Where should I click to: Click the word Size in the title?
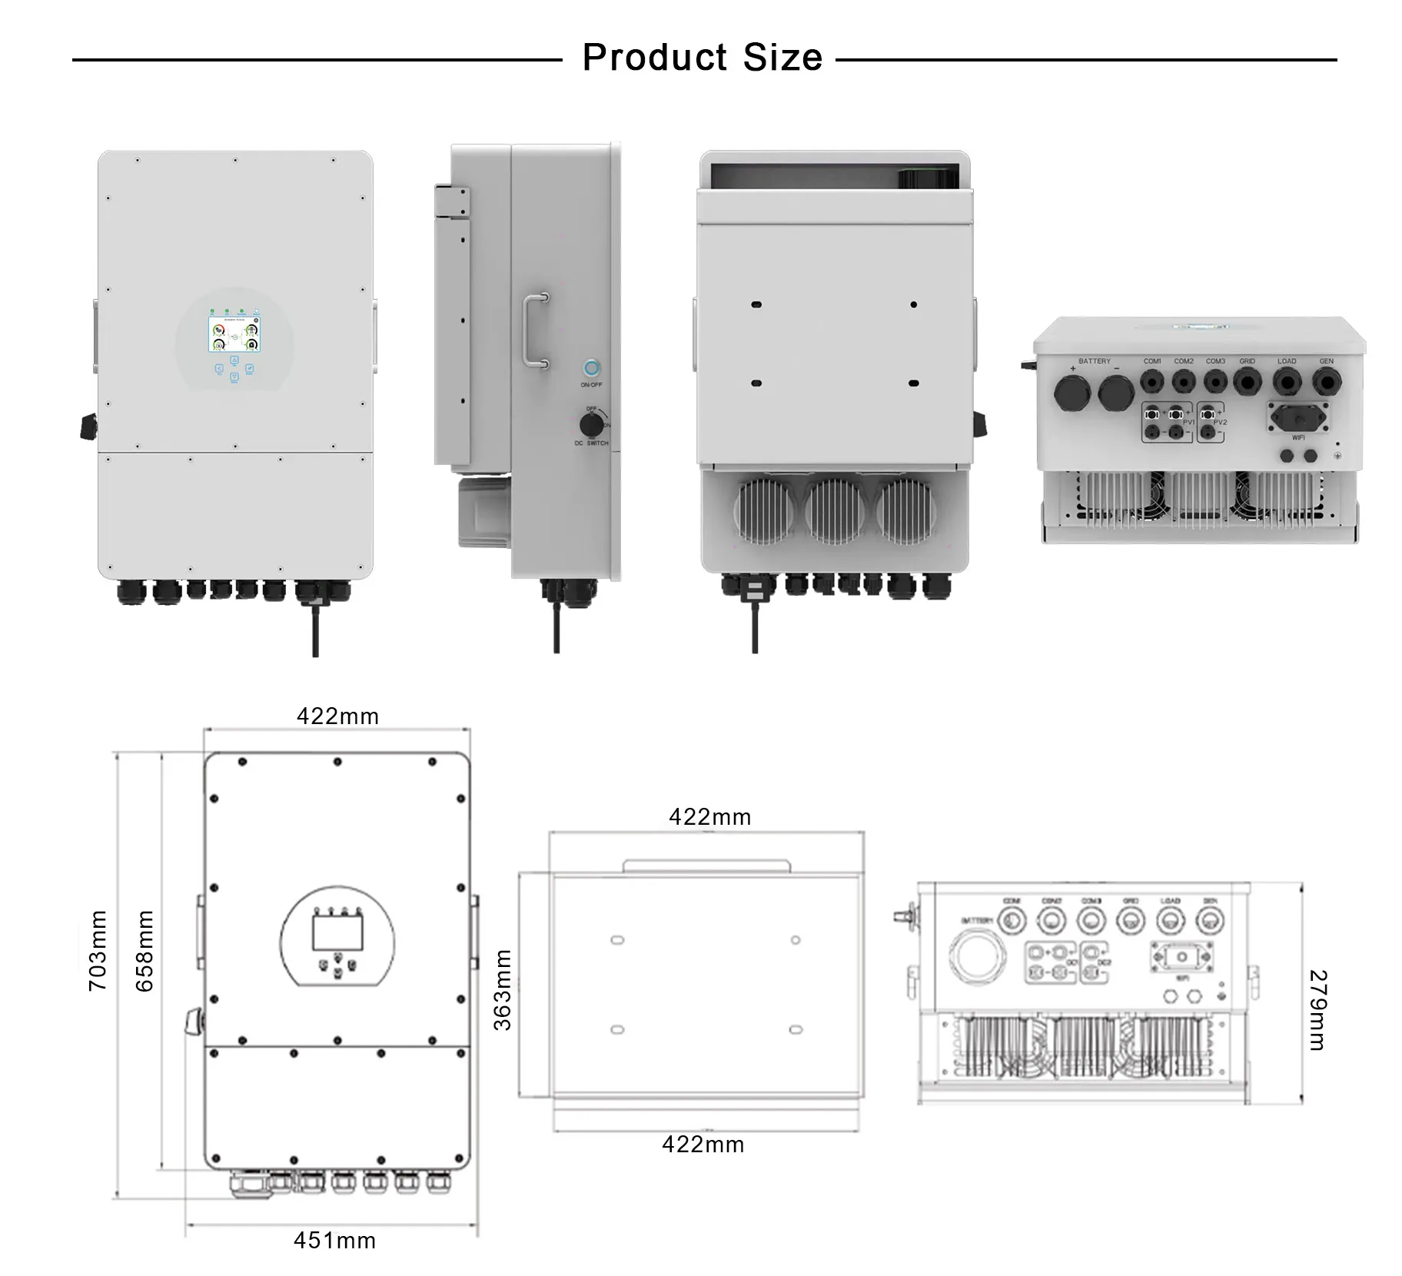[782, 58]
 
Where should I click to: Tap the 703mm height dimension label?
[98, 950]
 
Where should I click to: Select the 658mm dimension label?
[145, 950]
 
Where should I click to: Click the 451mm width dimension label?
[334, 1240]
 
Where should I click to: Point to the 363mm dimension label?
[502, 989]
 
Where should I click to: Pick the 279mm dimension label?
[1317, 1010]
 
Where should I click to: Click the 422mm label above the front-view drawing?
[337, 716]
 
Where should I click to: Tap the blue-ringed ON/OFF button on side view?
[592, 367]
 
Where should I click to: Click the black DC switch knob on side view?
[590, 425]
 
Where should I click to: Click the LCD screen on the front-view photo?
[234, 334]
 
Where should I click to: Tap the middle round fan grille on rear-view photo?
[834, 510]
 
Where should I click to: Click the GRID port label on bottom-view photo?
[1247, 361]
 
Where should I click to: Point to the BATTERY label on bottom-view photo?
[1094, 361]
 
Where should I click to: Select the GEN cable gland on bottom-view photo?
[1326, 380]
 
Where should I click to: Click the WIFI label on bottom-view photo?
[1298, 438]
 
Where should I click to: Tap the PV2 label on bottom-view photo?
[1220, 423]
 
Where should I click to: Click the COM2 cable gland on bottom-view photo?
[1183, 380]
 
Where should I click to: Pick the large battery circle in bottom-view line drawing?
[978, 957]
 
